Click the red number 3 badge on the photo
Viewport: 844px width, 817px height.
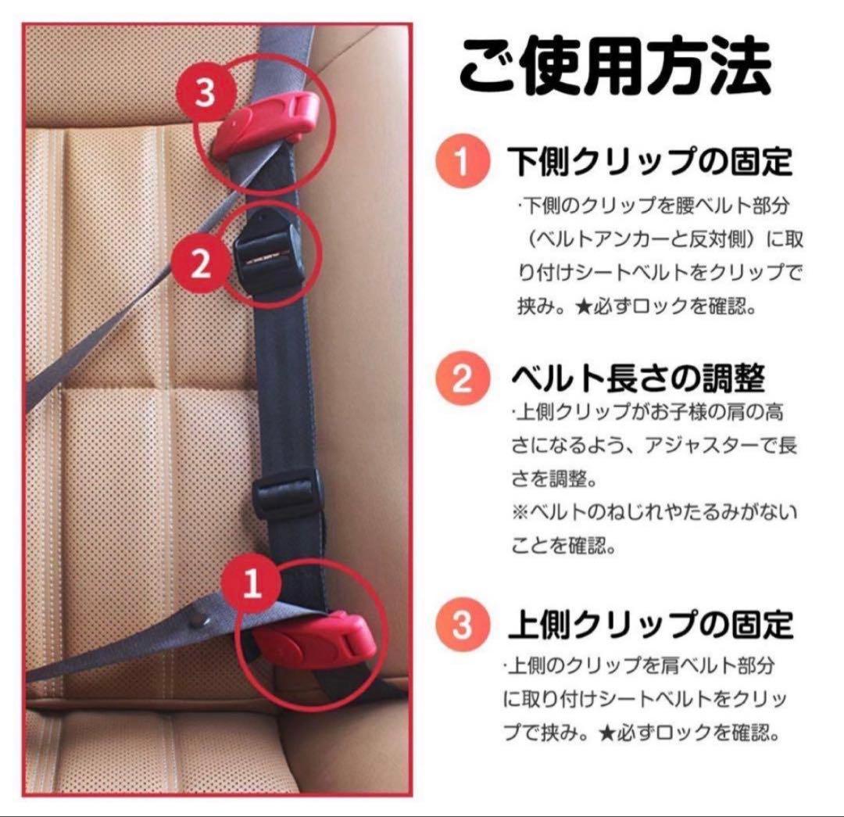click(x=205, y=92)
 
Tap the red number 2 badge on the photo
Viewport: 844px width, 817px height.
click(x=200, y=264)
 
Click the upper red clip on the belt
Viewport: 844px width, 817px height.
click(x=266, y=124)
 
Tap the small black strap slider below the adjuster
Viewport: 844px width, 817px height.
click(x=286, y=493)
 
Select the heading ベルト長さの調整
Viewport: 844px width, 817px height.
click(x=638, y=378)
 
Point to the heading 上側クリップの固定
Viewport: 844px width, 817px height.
click(x=650, y=625)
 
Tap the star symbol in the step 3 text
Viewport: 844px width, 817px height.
click(x=607, y=733)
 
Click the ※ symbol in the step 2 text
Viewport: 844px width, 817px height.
click(x=520, y=512)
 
